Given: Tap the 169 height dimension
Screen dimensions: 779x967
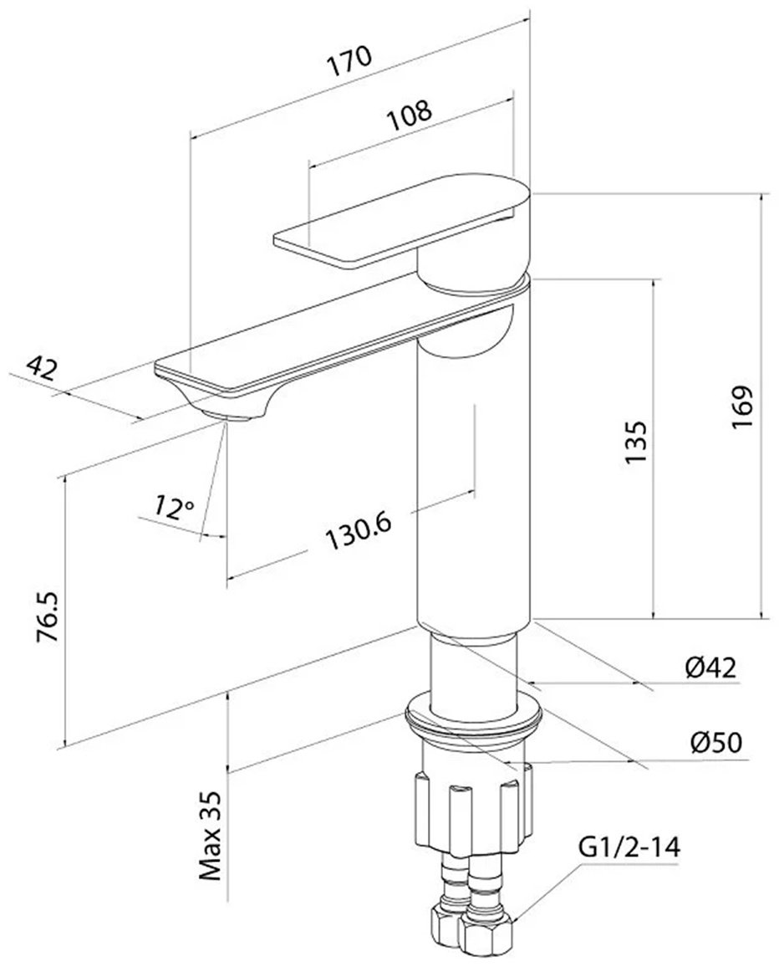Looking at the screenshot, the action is coord(741,407).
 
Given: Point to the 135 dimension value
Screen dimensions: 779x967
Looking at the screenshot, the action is coord(635,443).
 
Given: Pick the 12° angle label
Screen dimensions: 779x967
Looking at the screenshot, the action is coord(174,507).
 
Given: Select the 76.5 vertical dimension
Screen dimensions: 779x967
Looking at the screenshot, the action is coord(48,617).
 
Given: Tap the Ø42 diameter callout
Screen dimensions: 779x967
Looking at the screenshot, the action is coord(710,668).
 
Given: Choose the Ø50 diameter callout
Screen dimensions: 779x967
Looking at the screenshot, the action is coord(716,743).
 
